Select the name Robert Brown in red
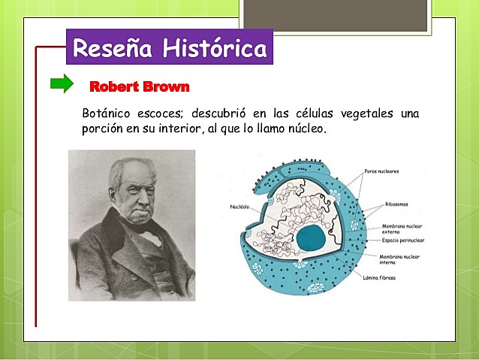(140, 86)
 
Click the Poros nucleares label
(381, 171)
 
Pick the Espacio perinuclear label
(402, 240)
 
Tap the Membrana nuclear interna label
(402, 259)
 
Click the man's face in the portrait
(135, 195)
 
